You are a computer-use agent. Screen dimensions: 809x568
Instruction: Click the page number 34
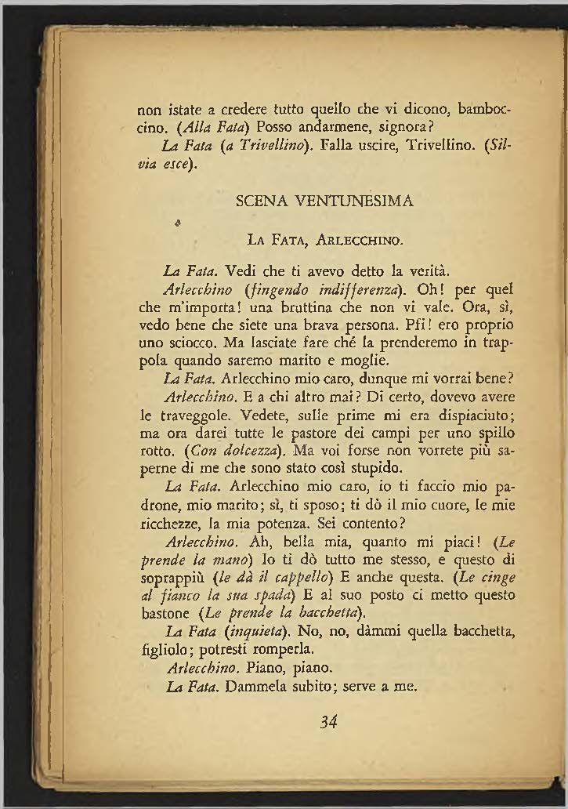coord(328,722)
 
